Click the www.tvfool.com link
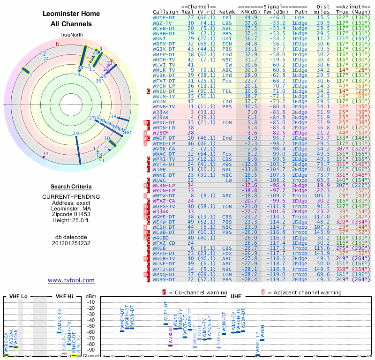(x=71, y=280)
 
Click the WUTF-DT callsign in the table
(x=165, y=17)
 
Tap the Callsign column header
(x=166, y=12)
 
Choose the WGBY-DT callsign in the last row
(x=165, y=279)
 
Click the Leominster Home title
(x=71, y=14)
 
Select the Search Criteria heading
(x=71, y=187)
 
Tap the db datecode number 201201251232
(x=71, y=244)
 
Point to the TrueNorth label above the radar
(x=71, y=35)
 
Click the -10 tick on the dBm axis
(x=91, y=302)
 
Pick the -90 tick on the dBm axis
(x=91, y=350)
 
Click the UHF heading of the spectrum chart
(x=236, y=296)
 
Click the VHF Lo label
(x=18, y=296)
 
